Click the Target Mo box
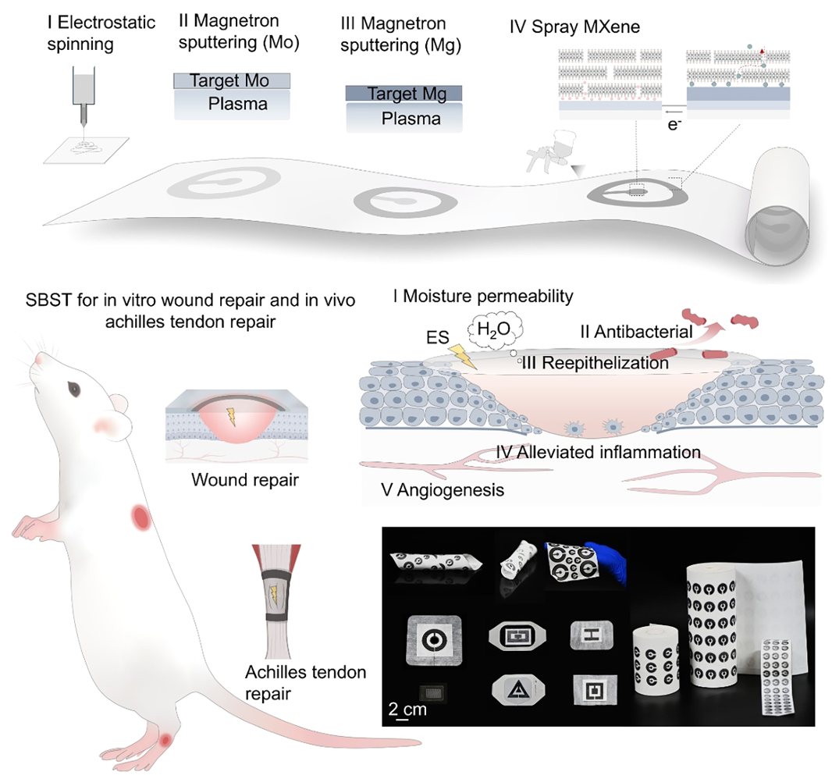point(232,80)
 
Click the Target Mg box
point(404,94)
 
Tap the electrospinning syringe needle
point(84,114)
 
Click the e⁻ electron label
point(674,125)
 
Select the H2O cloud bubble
point(495,330)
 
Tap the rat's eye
point(73,389)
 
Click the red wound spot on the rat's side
point(141,516)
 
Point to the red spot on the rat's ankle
point(166,739)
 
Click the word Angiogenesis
point(450,489)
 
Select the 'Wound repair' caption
point(245,480)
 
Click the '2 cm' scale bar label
point(407,709)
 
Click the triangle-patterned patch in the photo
point(518,689)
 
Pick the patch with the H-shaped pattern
point(591,635)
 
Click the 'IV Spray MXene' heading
point(574,27)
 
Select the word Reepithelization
point(605,363)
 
